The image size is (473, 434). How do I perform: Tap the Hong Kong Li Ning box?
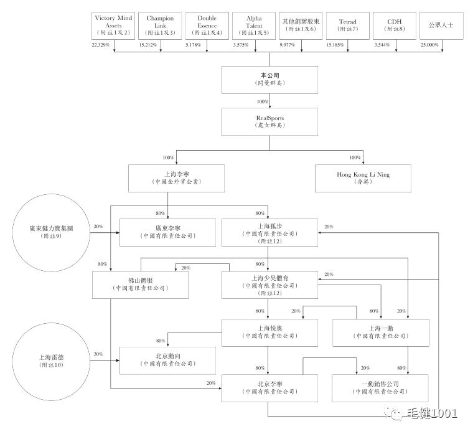tap(363, 178)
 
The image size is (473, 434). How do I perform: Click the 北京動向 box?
tap(167, 360)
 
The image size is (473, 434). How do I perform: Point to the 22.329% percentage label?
tap(101, 45)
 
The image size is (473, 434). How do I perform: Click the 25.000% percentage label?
tap(429, 45)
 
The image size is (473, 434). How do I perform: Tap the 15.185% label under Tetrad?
tap(335, 45)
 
